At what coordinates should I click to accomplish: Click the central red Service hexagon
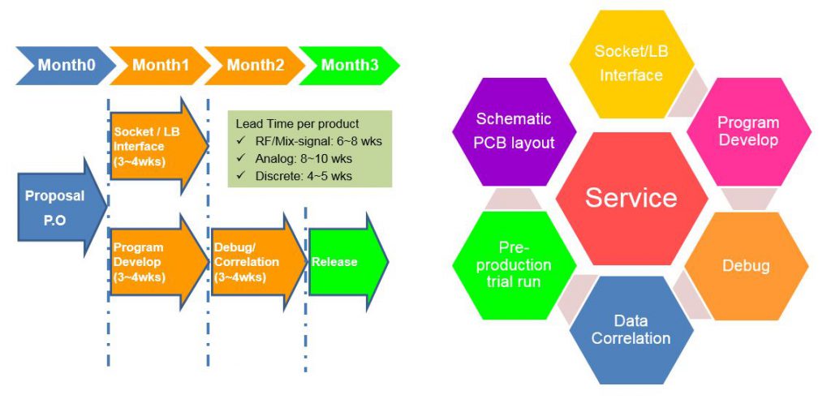631,198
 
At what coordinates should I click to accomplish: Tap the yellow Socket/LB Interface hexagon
630,63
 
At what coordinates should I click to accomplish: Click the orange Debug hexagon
746,265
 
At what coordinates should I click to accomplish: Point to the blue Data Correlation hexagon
631,330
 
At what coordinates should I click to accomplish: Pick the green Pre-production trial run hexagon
514,265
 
